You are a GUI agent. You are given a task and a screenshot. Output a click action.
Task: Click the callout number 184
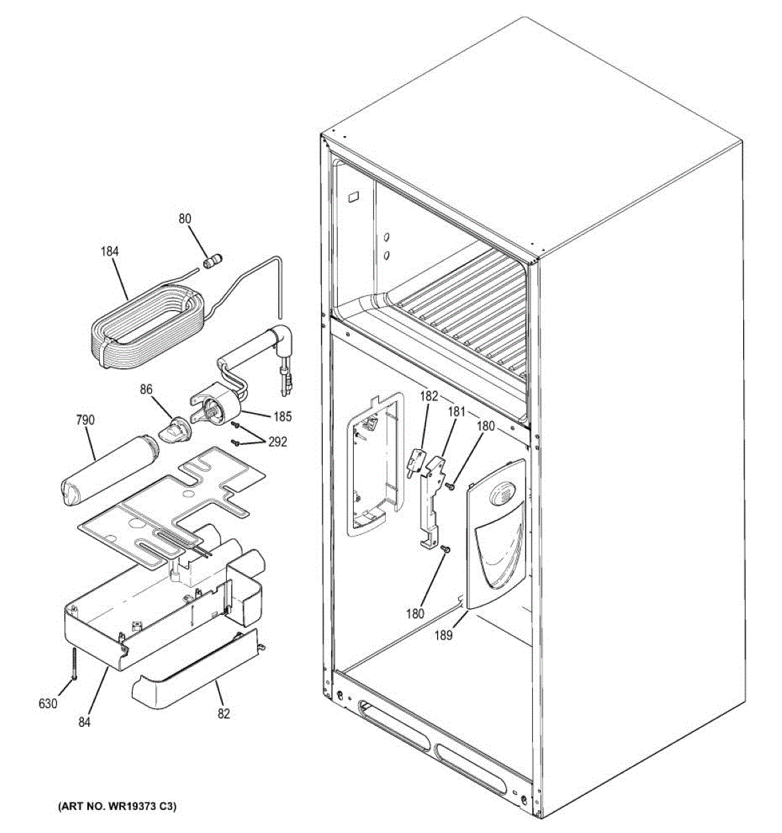click(109, 251)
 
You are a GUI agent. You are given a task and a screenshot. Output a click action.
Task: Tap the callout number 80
click(184, 219)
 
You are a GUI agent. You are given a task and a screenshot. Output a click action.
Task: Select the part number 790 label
click(85, 420)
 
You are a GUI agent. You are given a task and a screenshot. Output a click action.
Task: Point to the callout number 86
click(145, 391)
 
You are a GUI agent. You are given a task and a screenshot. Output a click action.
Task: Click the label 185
click(282, 417)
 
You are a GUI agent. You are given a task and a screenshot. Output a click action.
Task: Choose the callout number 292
click(277, 442)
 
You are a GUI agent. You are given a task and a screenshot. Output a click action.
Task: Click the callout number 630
click(47, 704)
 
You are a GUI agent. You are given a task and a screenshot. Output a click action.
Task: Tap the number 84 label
click(84, 722)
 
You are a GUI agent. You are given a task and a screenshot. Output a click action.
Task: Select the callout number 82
click(223, 713)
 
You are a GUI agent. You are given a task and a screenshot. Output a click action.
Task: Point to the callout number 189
click(444, 634)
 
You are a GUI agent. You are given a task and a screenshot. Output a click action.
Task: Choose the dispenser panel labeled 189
click(495, 535)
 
